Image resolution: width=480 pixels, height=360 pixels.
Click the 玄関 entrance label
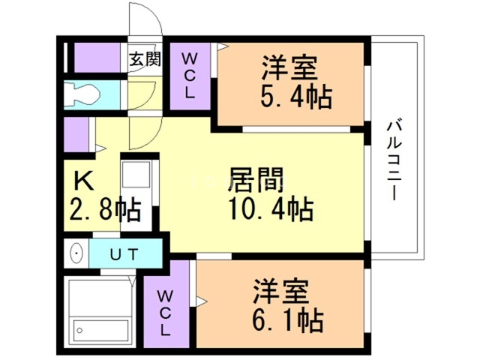(145, 59)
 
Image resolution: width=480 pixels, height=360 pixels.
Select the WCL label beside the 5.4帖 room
(190, 76)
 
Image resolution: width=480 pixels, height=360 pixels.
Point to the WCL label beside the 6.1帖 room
(165, 310)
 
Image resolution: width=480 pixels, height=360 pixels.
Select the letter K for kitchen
(82, 181)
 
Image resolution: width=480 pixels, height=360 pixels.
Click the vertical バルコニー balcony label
(393, 160)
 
